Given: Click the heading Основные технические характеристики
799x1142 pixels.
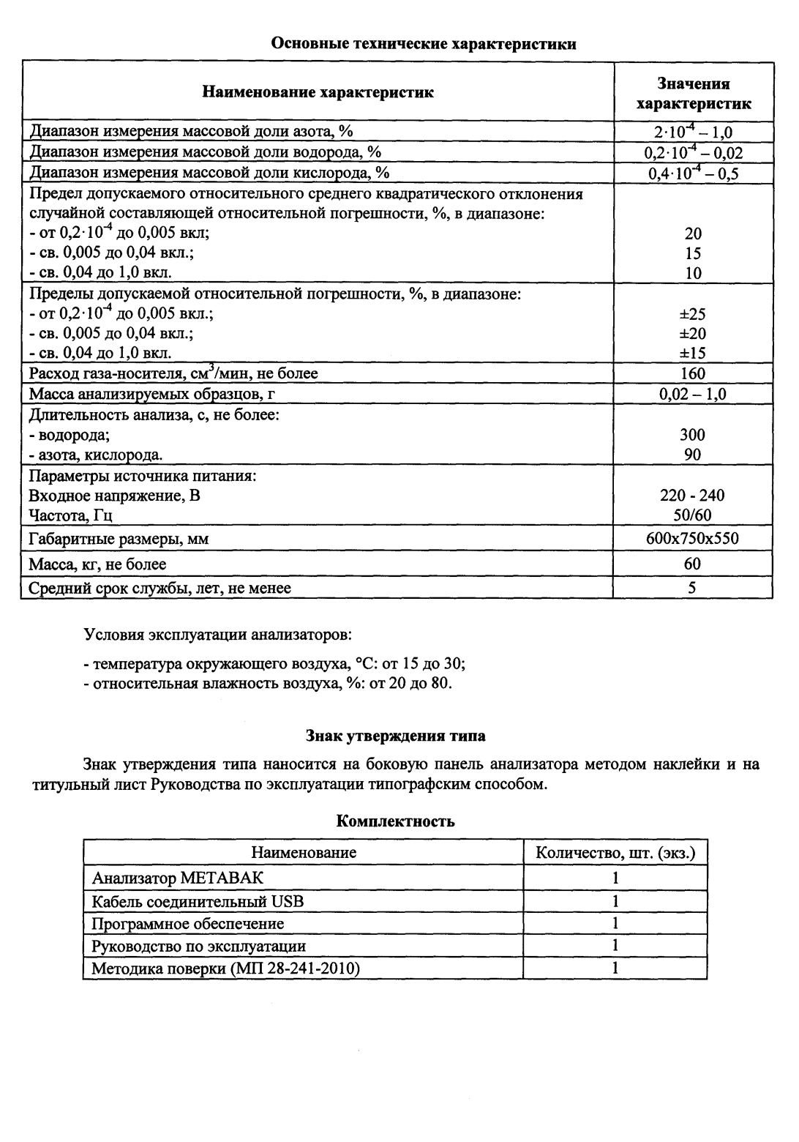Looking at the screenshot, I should click(x=424, y=44).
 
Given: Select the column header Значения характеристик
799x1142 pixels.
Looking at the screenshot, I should click(x=693, y=93).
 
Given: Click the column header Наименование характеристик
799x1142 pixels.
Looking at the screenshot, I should click(x=318, y=92).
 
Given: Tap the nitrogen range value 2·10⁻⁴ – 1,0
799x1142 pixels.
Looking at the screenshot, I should click(x=693, y=133).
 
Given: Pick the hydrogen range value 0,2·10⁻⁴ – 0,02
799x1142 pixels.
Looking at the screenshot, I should click(x=693, y=152).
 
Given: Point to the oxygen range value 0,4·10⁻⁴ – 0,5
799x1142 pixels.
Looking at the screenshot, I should click(x=693, y=173).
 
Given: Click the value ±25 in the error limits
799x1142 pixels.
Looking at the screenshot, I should click(x=693, y=314).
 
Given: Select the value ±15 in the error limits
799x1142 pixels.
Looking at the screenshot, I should click(x=693, y=354).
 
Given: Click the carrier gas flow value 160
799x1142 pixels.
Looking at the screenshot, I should click(x=693, y=374).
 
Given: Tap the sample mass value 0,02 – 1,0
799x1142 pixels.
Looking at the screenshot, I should click(x=693, y=395).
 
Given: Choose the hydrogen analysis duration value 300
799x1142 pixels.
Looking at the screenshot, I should click(x=693, y=435).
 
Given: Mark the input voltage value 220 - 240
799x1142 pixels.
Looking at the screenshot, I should click(x=693, y=496).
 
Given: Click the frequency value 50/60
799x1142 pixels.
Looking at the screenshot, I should click(x=693, y=515).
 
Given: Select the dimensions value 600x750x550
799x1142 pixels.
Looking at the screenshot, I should click(x=693, y=539).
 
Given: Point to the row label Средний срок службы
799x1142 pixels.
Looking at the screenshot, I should click(x=160, y=588).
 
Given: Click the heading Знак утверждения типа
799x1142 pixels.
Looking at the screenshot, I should click(x=395, y=735).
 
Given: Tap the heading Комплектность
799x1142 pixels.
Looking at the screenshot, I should click(x=395, y=821).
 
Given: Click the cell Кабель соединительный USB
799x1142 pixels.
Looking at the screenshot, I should click(x=198, y=900).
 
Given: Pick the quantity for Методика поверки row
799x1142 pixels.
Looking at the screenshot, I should click(x=615, y=968).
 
